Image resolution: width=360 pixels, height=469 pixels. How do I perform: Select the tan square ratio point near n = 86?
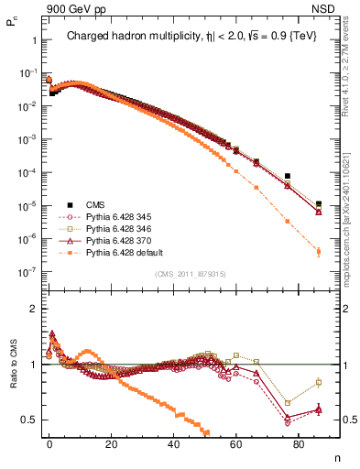(318, 382)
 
